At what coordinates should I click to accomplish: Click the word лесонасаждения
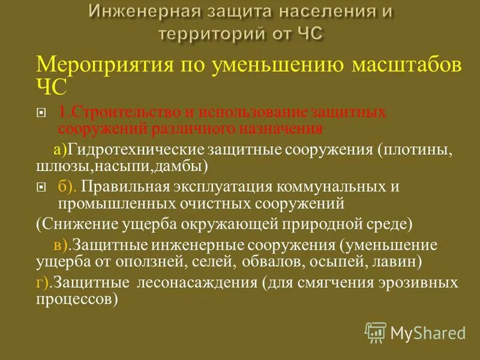[196, 282]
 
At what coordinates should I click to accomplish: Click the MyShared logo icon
[376, 331]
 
